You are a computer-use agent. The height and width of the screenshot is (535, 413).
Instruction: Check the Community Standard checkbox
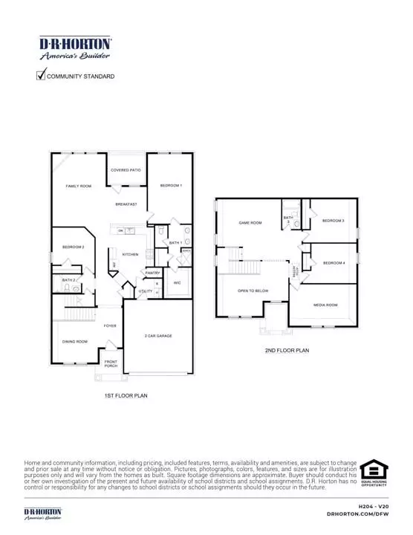[42, 75]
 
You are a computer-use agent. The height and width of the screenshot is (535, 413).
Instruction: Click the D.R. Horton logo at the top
[75, 48]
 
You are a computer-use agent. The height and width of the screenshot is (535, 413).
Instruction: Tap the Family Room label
[78, 186]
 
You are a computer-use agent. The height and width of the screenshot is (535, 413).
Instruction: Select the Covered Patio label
[126, 170]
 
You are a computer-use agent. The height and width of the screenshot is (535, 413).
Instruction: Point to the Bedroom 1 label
[171, 185]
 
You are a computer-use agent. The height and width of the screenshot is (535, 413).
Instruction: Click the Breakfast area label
[126, 204]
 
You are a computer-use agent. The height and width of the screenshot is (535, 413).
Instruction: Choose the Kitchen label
[131, 255]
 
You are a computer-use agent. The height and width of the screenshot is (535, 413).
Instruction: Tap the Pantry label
[153, 273]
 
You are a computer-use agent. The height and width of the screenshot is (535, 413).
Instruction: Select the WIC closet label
[178, 283]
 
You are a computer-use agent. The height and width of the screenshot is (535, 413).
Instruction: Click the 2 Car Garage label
[158, 336]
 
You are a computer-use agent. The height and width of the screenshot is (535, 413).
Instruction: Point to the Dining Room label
[74, 341]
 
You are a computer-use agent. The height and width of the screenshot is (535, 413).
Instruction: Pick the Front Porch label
[111, 363]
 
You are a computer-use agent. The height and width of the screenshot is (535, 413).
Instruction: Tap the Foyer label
[110, 325]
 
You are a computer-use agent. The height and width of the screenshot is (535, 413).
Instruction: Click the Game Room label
[250, 223]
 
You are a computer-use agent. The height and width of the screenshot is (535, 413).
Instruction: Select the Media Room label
[325, 305]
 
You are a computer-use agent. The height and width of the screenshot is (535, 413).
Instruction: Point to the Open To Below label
[253, 291]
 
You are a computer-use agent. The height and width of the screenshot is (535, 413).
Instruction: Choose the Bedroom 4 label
[334, 263]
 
